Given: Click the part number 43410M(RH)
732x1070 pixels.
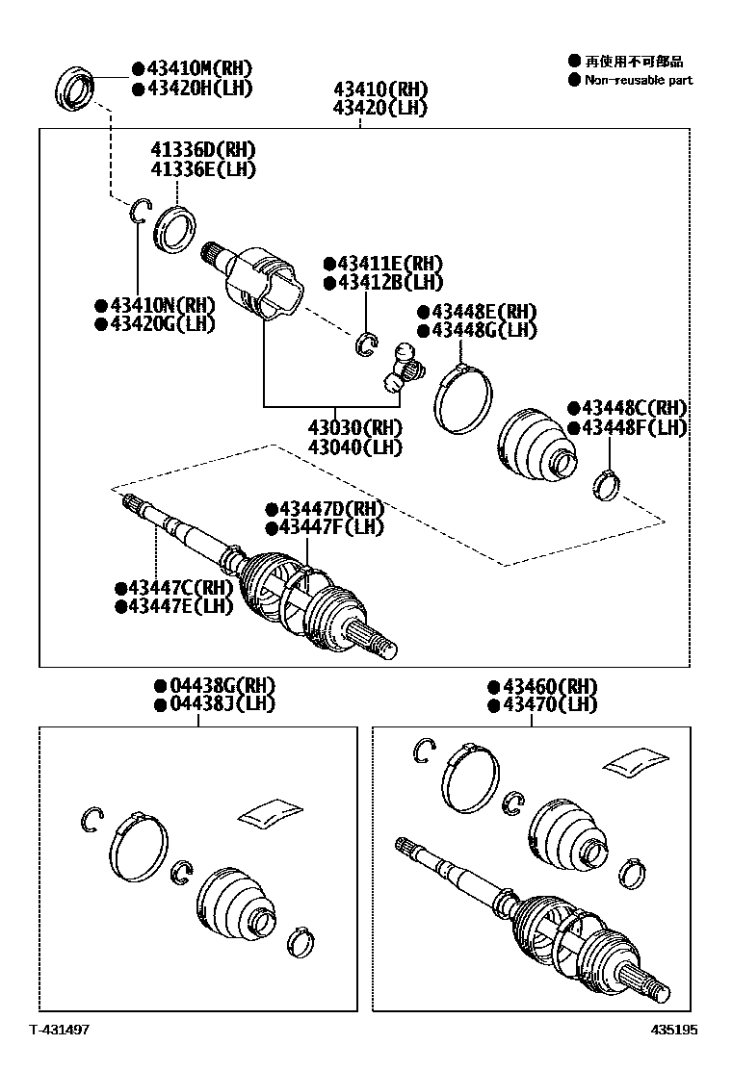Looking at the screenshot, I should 198,68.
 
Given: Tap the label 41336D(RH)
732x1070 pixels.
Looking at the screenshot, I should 203,149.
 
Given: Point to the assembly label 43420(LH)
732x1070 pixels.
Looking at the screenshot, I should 380,108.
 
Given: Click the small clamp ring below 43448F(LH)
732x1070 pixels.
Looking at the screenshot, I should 605,484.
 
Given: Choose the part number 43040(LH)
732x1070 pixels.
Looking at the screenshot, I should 354,447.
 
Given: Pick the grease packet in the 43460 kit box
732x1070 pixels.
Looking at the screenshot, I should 635,760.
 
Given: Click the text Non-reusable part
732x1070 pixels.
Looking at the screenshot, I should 639,80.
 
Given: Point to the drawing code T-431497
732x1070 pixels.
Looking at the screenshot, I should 59,1030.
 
